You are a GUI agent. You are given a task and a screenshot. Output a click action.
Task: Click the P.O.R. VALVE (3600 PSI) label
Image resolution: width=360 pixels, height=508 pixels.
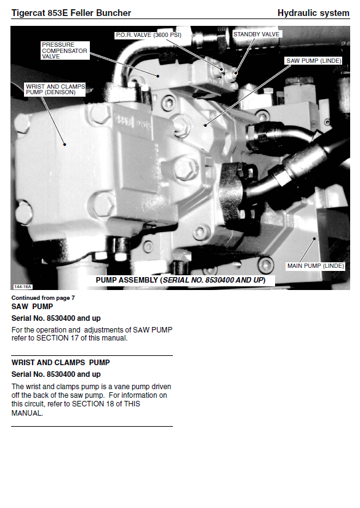point(148,35)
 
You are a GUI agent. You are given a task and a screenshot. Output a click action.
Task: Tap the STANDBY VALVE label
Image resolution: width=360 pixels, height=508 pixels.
point(257,34)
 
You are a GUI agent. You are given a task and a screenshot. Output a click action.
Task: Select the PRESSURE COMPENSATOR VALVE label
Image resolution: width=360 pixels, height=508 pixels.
point(65,50)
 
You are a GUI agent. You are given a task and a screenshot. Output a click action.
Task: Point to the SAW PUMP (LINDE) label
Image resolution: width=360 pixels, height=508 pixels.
point(314,60)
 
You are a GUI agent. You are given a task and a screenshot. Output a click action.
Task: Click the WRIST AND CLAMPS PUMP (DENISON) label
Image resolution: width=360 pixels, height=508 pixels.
point(55,89)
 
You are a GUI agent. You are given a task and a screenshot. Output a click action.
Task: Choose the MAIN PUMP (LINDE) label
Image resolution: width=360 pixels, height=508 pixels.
point(315,266)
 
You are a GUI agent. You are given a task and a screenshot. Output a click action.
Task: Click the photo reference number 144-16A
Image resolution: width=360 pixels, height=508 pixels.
point(23,287)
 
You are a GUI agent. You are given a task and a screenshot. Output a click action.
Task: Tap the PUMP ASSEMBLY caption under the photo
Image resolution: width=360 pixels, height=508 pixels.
point(181,280)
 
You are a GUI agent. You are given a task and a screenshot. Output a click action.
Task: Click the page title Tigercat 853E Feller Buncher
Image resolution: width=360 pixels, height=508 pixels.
point(71,13)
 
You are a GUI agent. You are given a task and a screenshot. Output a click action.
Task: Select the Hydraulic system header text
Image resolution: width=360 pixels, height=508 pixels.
point(313,13)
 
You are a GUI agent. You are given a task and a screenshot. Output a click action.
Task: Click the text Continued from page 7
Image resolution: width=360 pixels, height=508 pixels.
point(43,298)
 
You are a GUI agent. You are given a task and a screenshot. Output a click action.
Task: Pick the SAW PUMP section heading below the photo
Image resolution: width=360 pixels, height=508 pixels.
point(32,307)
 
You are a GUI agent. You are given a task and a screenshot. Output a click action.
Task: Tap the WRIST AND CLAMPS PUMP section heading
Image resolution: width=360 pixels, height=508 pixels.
point(60,363)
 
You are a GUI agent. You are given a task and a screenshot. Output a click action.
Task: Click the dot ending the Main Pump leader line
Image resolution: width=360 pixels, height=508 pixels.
point(314,239)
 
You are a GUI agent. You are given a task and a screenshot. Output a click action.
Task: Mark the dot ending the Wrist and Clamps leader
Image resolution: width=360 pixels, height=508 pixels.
point(65,145)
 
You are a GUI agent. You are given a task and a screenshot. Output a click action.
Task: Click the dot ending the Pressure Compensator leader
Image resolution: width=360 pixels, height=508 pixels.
point(158,76)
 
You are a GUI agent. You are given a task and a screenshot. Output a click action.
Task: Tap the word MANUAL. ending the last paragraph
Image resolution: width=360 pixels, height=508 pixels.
point(27,413)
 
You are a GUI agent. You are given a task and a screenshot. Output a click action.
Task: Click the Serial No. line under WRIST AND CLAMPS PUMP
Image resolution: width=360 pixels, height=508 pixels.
point(56,374)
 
